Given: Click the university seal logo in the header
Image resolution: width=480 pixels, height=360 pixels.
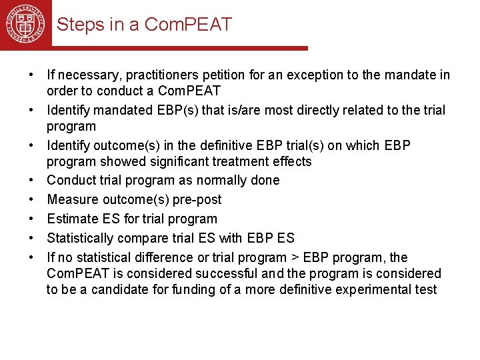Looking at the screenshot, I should coord(25,24).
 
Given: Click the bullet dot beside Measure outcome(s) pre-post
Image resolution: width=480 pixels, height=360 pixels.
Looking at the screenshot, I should coord(32,199).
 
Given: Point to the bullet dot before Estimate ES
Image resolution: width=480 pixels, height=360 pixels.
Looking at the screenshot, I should coord(32,219).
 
